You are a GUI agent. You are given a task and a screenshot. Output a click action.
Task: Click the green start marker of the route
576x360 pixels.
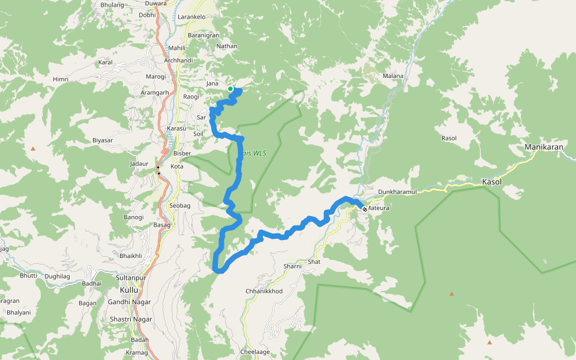(x=230, y=89)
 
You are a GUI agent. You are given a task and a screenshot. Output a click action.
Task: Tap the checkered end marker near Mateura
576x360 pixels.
(x=364, y=209)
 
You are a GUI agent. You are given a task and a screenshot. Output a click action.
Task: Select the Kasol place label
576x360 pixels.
(x=491, y=181)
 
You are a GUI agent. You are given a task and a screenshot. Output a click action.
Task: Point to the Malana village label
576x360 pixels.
(x=393, y=76)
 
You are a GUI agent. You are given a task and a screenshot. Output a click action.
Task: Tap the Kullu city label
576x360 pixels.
(x=128, y=290)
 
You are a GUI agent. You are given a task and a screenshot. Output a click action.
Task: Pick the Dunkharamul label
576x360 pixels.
(x=397, y=192)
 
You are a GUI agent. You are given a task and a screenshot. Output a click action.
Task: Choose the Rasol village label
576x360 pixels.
(x=449, y=138)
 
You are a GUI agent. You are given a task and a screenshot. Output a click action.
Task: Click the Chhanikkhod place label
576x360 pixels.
(x=264, y=291)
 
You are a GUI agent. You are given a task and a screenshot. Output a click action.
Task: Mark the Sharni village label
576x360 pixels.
(x=292, y=265)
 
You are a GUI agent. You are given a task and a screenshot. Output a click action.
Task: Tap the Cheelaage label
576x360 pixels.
(x=255, y=352)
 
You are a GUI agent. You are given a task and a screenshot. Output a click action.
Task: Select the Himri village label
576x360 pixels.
(x=61, y=79)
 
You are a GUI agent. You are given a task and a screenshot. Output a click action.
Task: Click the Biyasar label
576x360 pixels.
(x=103, y=140)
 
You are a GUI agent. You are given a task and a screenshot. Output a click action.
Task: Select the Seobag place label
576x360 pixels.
(x=179, y=206)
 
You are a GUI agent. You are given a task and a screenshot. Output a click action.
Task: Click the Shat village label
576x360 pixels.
(x=314, y=262)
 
